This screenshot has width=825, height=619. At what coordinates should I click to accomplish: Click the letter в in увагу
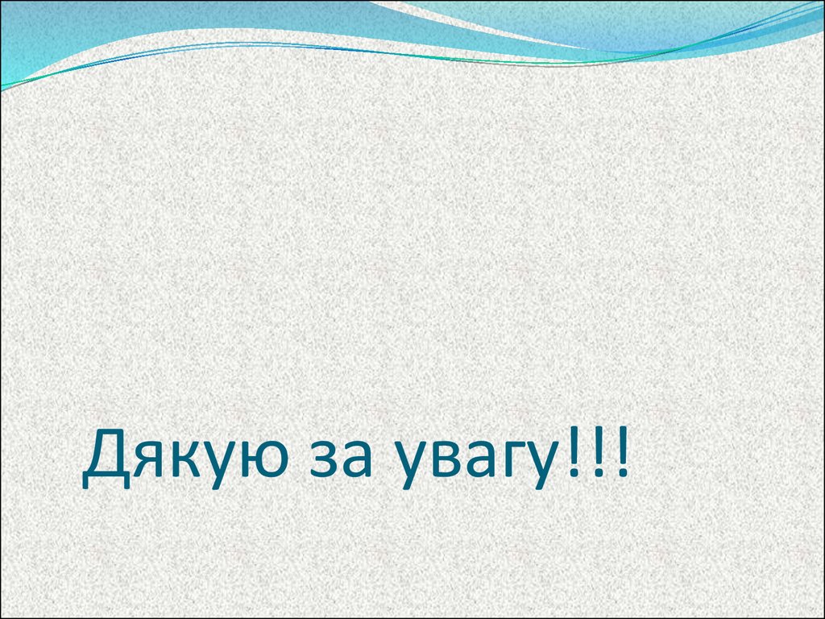[x=452, y=466]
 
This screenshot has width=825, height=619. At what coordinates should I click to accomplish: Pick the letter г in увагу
[x=520, y=466]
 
